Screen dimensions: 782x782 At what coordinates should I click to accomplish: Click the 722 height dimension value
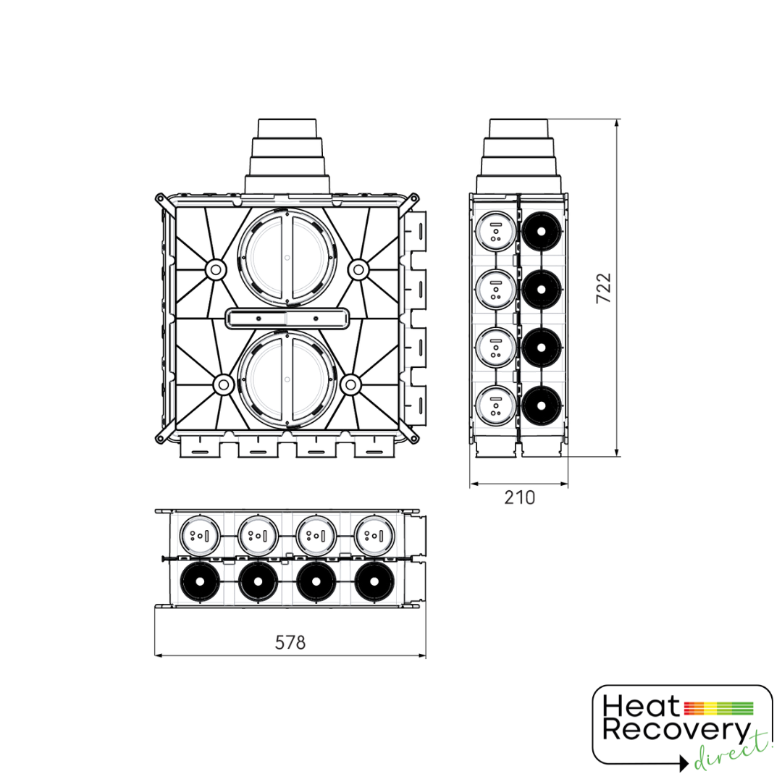(x=603, y=287)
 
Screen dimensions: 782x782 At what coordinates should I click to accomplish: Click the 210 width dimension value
(x=519, y=497)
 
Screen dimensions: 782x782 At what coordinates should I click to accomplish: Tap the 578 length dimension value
(x=290, y=642)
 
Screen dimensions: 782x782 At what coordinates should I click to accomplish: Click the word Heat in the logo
(x=641, y=707)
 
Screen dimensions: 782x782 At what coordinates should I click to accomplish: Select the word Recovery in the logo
(x=676, y=731)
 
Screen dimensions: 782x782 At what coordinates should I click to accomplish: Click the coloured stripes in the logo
(x=718, y=707)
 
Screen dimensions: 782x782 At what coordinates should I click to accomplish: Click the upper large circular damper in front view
(x=287, y=257)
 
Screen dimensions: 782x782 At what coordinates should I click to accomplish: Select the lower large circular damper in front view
(x=287, y=379)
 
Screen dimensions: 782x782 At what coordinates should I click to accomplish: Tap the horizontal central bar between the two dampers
(x=287, y=319)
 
